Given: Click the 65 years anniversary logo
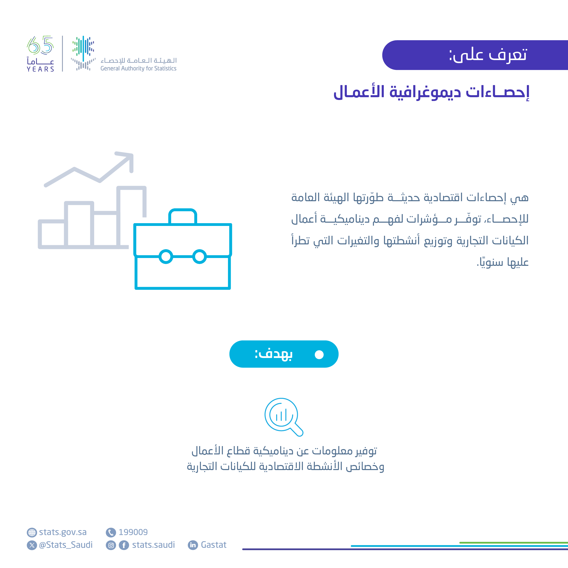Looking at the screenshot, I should [x=40, y=54].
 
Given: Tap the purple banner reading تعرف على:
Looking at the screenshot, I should [x=475, y=55].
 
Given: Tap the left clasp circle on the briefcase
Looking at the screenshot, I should [x=166, y=256].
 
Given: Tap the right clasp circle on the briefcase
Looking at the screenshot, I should [x=200, y=256].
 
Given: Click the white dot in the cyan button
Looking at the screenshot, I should [x=319, y=355].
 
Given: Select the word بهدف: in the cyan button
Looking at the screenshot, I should [x=273, y=354].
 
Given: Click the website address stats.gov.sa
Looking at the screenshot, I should [x=63, y=532].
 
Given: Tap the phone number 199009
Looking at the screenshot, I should [x=133, y=532].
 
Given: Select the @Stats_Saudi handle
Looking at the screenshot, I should [x=66, y=545].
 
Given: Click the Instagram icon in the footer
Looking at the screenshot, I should [x=111, y=545].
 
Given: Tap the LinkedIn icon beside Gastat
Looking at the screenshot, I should [x=193, y=545].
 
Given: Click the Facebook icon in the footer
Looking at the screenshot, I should [x=124, y=545].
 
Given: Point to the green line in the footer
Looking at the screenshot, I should [x=513, y=543].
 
